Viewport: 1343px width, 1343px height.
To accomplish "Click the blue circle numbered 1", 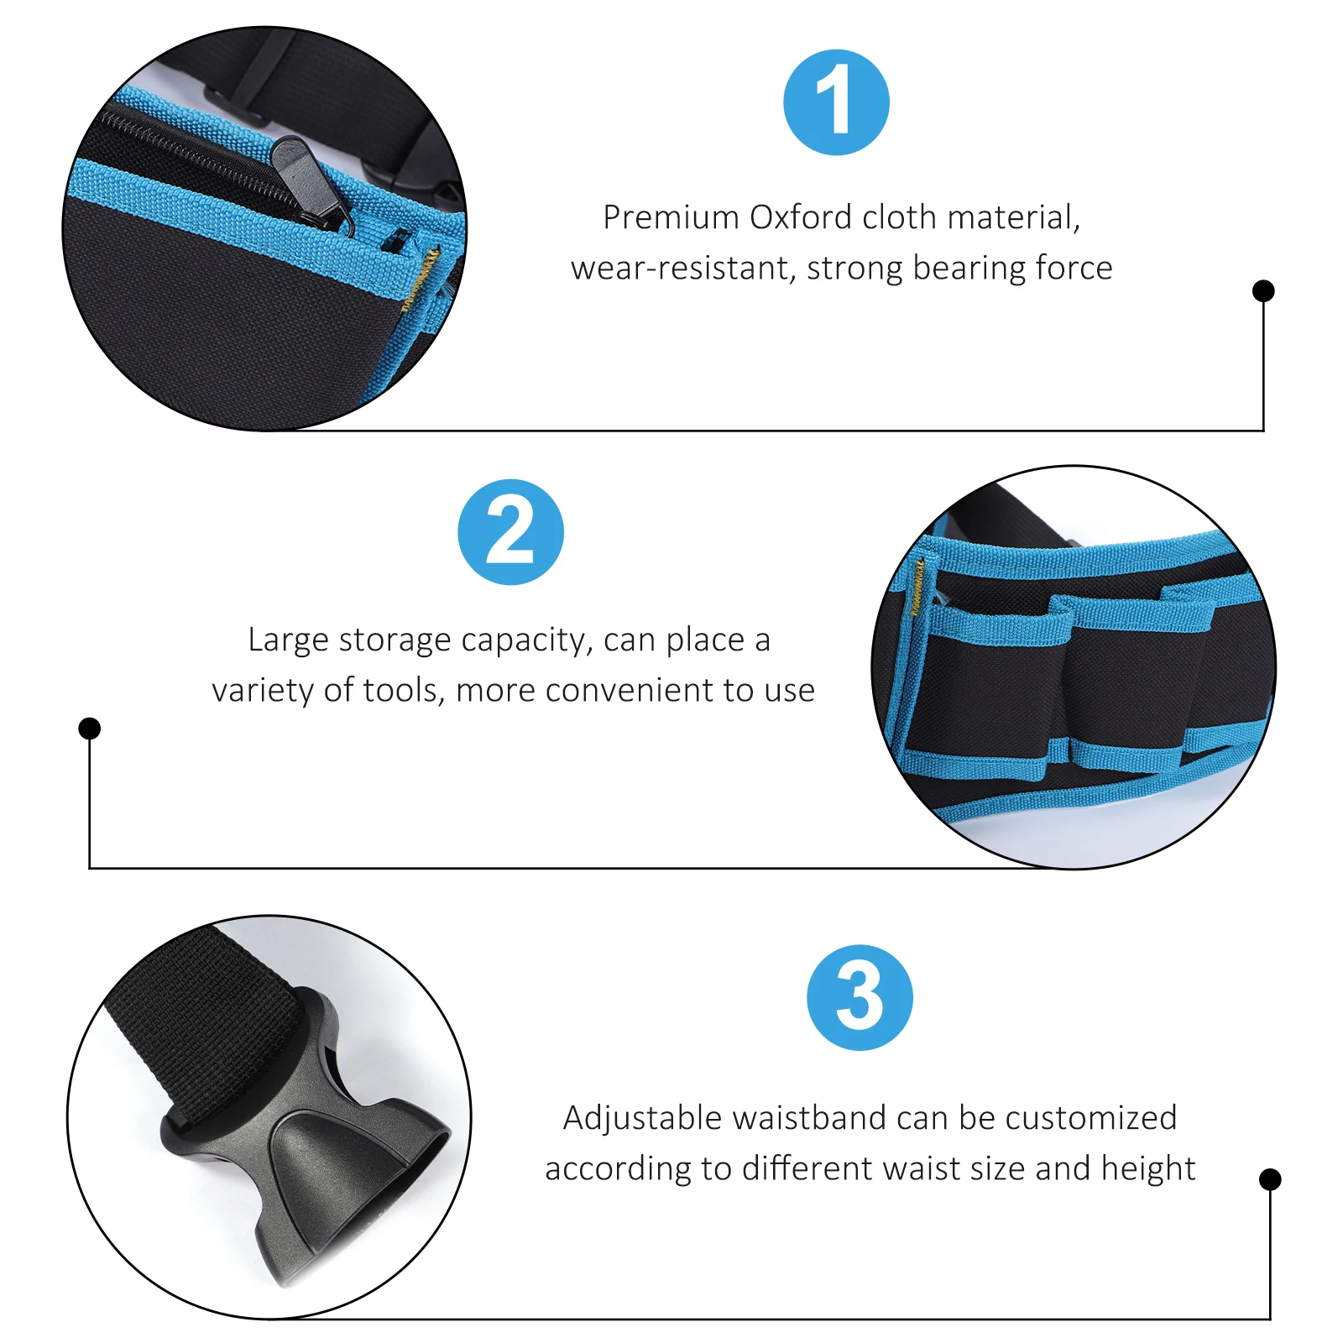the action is pyautogui.click(x=836, y=102).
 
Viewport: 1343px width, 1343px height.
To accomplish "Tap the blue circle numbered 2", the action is pyautogui.click(x=510, y=532).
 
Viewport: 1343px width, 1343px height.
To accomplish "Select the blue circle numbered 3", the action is pyautogui.click(x=860, y=998).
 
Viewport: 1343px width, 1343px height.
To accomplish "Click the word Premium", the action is pyautogui.click(x=671, y=217).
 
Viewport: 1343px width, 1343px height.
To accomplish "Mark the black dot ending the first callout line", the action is pyautogui.click(x=1263, y=291).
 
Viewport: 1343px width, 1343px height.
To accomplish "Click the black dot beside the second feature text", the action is pyautogui.click(x=90, y=729).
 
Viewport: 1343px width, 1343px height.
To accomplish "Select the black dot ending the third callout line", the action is pyautogui.click(x=1270, y=1179).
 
